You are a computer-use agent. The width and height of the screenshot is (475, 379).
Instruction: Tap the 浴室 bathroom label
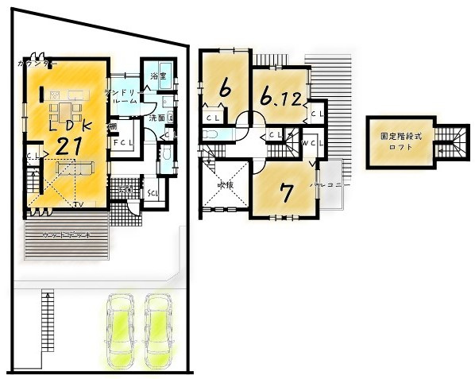(156, 75)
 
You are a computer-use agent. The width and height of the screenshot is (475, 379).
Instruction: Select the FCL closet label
(122, 143)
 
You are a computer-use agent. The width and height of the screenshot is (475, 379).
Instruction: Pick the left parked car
(119, 327)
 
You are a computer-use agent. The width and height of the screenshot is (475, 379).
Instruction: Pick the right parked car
(158, 327)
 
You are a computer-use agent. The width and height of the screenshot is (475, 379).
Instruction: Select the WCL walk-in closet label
(310, 142)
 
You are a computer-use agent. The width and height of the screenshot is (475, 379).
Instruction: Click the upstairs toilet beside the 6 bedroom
(209, 134)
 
